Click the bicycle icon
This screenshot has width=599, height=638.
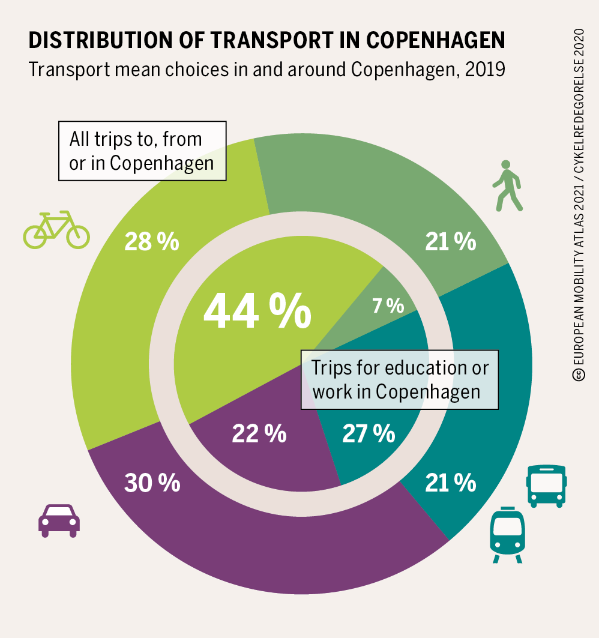(x=56, y=230)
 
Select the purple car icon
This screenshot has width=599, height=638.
(x=59, y=520)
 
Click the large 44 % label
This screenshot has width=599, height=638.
(x=257, y=311)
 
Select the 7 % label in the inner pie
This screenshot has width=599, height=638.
(x=388, y=306)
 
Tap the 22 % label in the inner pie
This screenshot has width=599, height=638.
(x=259, y=433)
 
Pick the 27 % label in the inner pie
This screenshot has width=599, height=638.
(x=369, y=433)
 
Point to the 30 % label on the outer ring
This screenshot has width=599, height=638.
(x=152, y=483)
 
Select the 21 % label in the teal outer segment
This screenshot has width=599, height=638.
(x=450, y=483)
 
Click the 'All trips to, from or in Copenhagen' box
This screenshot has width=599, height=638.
(x=142, y=151)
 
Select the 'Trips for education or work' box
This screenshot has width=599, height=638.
(x=400, y=379)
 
